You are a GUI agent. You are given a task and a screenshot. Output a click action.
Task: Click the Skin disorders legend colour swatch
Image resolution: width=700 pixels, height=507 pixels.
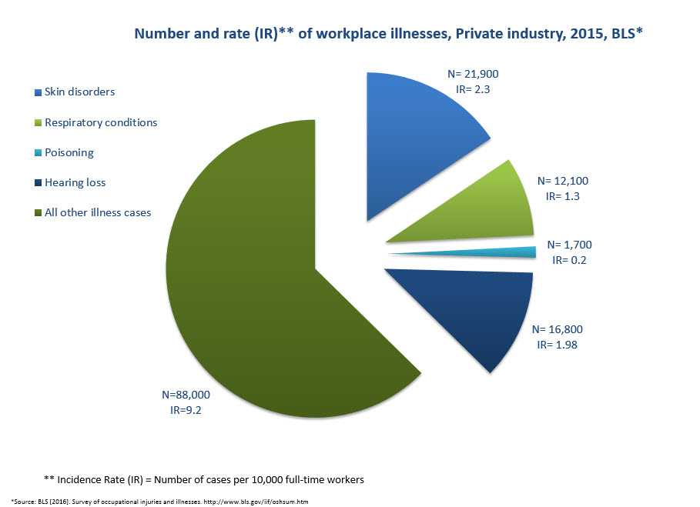pyautogui.click(x=38, y=92)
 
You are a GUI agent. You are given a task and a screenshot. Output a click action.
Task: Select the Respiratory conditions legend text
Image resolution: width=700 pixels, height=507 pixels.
pyautogui.click(x=101, y=122)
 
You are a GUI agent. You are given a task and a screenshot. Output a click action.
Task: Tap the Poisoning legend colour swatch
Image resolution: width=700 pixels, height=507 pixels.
pyautogui.click(x=38, y=153)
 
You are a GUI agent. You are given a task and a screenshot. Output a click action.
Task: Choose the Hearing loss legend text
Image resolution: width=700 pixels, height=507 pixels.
pyautogui.click(x=75, y=183)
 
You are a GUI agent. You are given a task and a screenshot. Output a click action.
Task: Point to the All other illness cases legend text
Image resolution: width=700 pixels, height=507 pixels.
pyautogui.click(x=98, y=213)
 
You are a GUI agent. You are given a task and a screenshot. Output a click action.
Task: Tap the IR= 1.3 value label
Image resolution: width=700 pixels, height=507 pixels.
pyautogui.click(x=562, y=196)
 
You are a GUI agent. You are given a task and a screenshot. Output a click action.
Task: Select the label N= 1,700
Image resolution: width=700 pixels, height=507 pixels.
pyautogui.click(x=569, y=245)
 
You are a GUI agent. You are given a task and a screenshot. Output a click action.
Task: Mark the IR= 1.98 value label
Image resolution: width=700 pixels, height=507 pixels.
pyautogui.click(x=557, y=345)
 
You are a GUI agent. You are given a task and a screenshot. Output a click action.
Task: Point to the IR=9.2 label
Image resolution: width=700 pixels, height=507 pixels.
pyautogui.click(x=186, y=410)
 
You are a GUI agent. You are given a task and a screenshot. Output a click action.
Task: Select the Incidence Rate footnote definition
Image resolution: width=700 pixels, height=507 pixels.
pyautogui.click(x=204, y=479)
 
